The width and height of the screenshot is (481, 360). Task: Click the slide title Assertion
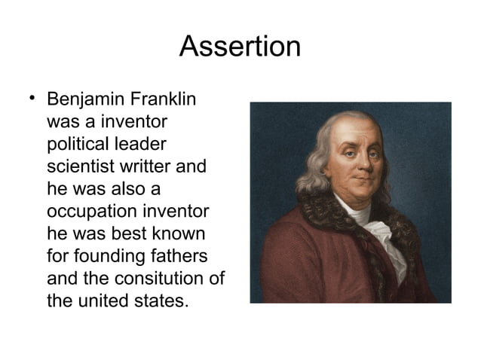[240, 47]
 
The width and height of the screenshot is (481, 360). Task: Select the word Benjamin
[82, 100]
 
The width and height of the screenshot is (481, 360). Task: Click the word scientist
[79, 166]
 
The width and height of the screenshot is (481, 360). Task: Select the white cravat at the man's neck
[369, 226]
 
